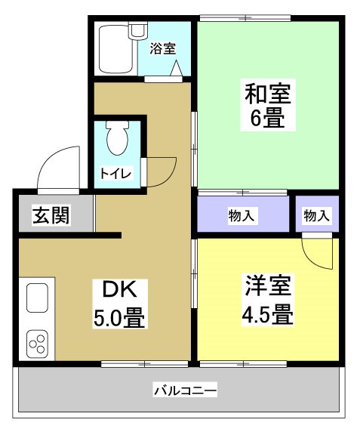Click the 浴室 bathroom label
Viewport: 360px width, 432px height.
point(162,49)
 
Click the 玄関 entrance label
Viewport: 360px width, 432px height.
point(51,215)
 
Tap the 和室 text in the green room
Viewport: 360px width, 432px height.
point(266,94)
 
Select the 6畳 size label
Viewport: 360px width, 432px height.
point(266,119)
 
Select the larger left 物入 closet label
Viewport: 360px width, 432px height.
point(242,216)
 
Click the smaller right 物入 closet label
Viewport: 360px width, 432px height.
point(316,216)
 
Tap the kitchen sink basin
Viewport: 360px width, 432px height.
point(38,297)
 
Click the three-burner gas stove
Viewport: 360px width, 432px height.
point(38,343)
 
